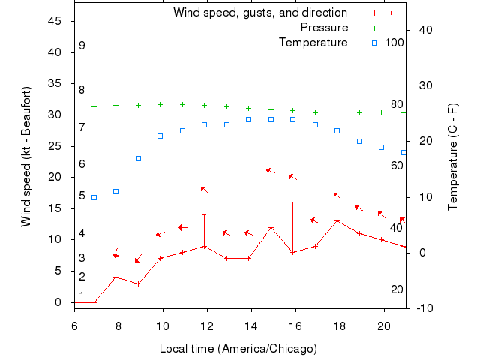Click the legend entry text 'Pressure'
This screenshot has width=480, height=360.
coord(324,28)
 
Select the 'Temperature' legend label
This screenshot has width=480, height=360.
coord(313,43)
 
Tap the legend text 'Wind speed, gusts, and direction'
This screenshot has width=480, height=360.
coord(259,13)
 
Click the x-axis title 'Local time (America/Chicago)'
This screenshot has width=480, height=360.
coord(238,349)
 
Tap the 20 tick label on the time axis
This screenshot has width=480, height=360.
coord(384,326)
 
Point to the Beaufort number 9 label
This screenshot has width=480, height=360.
coord(82,46)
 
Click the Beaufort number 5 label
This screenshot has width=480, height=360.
coord(82,196)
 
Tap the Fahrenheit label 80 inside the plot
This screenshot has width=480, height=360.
coord(397,104)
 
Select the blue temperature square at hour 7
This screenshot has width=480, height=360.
coord(94,197)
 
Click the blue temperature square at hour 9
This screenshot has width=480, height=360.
coord(138,158)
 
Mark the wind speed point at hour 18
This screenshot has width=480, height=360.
coord(337,220)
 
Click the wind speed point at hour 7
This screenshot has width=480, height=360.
coord(94,302)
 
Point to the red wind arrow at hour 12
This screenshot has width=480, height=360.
coord(204,189)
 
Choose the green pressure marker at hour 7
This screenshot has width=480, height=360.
coord(94,106)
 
